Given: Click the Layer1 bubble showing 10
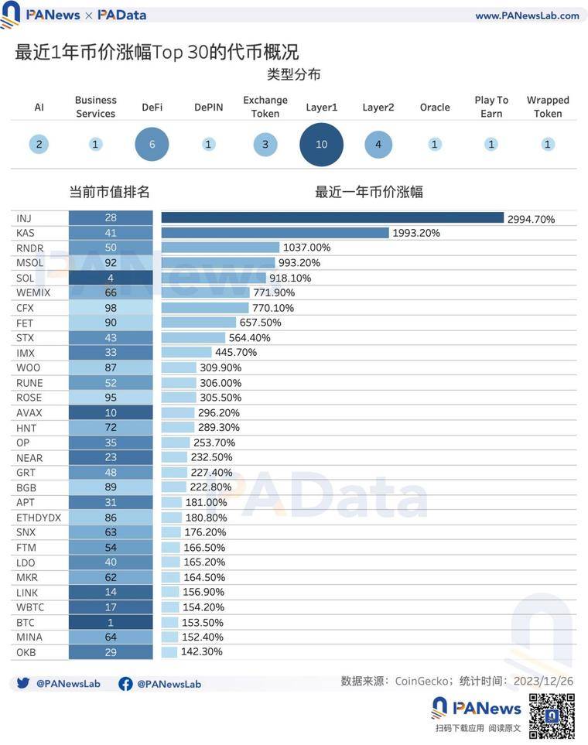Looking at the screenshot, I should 321,144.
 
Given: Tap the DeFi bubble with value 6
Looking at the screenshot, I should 152,144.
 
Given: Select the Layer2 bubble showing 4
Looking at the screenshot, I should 378,144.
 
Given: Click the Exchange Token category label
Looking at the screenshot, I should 265,107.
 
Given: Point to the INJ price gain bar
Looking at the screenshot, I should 332,218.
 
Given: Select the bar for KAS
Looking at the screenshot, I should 275,233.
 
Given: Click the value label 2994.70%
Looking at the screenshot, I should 532,219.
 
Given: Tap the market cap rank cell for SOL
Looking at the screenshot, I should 111,278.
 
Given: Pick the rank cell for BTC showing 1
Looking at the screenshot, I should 111,622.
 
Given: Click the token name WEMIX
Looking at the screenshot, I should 30,292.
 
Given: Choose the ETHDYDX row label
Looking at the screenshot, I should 39,517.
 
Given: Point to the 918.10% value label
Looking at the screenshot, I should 290,278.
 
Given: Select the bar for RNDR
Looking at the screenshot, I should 220,248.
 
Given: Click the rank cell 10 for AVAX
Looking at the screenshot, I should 111,412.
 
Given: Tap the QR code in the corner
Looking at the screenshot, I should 551,716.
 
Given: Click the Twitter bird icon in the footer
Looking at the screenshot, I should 23,684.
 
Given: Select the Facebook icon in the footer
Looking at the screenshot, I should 125,684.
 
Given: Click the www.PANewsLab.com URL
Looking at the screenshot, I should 527,15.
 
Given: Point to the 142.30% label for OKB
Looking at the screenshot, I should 201,652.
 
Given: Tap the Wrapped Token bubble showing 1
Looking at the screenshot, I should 548,144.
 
